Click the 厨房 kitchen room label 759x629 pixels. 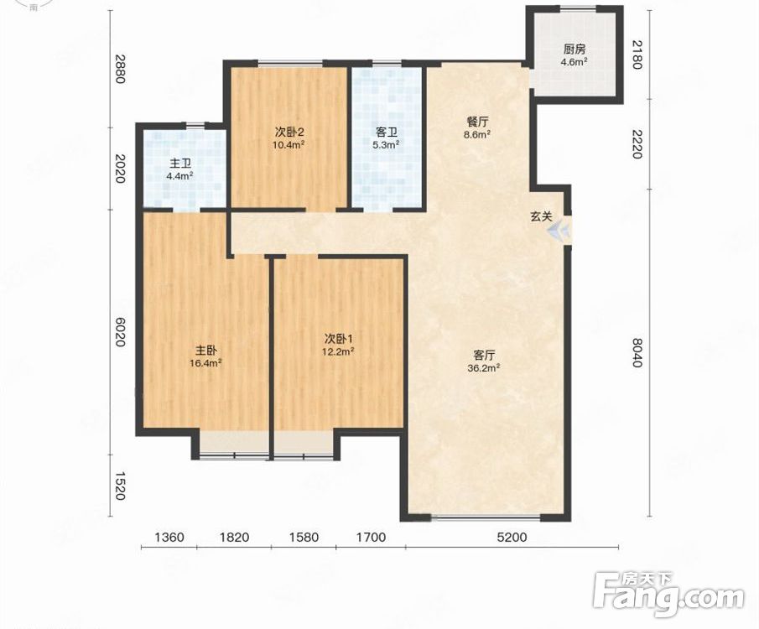[x=574, y=49]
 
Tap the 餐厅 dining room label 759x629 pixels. [x=477, y=122]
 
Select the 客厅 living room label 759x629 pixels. [x=484, y=356]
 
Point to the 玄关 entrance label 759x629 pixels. [x=541, y=216]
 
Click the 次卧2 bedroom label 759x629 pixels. [x=289, y=132]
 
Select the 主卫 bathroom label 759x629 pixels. [x=180, y=164]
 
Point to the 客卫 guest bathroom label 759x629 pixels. [x=387, y=132]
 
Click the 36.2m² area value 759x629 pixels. [x=484, y=368]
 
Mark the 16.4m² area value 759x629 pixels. [x=206, y=362]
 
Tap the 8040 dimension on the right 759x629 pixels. [x=637, y=352]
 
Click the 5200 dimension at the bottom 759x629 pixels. [x=512, y=537]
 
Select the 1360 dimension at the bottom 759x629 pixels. [x=169, y=537]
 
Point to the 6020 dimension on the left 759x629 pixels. [x=120, y=331]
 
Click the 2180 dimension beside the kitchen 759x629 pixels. [x=637, y=55]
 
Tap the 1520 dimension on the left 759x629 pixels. [x=120, y=486]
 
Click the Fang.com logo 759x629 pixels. [x=668, y=595]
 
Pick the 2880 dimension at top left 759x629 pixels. [x=120, y=68]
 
